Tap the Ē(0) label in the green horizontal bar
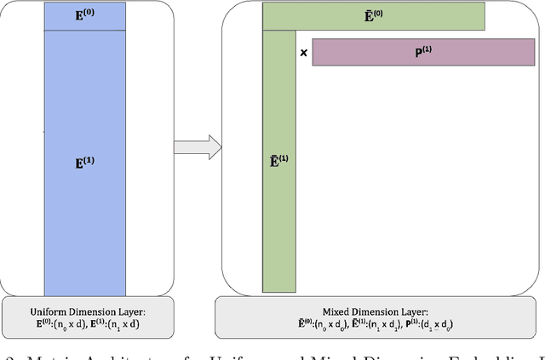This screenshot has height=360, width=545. [x=375, y=15]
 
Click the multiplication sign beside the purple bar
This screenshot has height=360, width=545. [x=304, y=53]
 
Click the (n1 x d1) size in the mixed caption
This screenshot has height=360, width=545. [x=394, y=325]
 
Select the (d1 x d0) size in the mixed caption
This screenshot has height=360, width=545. [x=459, y=325]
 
